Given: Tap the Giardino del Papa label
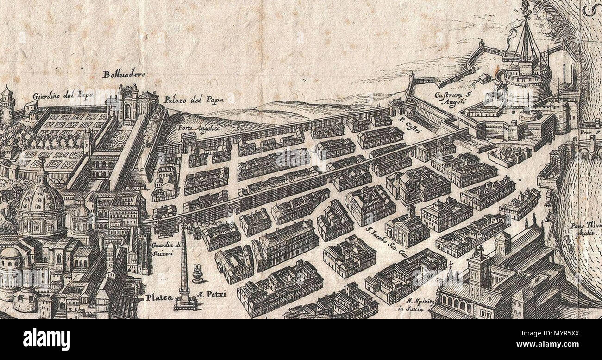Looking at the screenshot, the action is click(x=63, y=96).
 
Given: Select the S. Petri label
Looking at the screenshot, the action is click(x=209, y=294).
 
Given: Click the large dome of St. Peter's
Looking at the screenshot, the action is click(x=40, y=199).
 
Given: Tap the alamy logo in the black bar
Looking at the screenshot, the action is click(x=46, y=339).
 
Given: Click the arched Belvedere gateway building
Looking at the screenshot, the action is click(x=127, y=104).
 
